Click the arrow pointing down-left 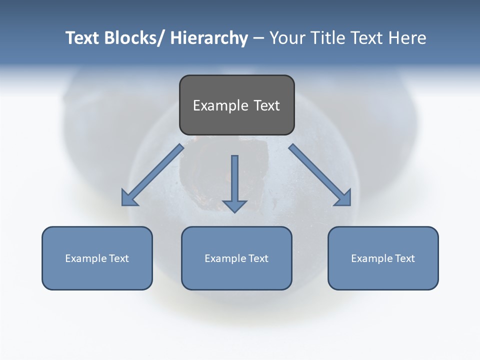pos(152,175)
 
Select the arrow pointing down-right pos(320,175)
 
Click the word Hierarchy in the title pos(209,38)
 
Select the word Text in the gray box pos(266,105)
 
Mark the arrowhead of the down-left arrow pos(129,198)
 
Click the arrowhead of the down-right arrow pos(343,198)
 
